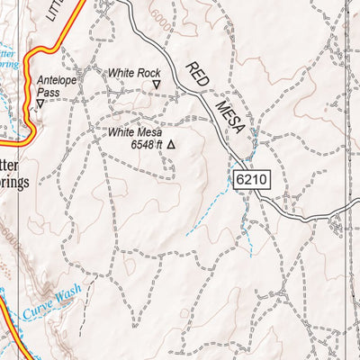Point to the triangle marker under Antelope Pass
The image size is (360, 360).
(40, 103)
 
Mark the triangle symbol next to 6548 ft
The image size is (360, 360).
(170, 143)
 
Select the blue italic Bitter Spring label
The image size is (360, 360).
(11, 58)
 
